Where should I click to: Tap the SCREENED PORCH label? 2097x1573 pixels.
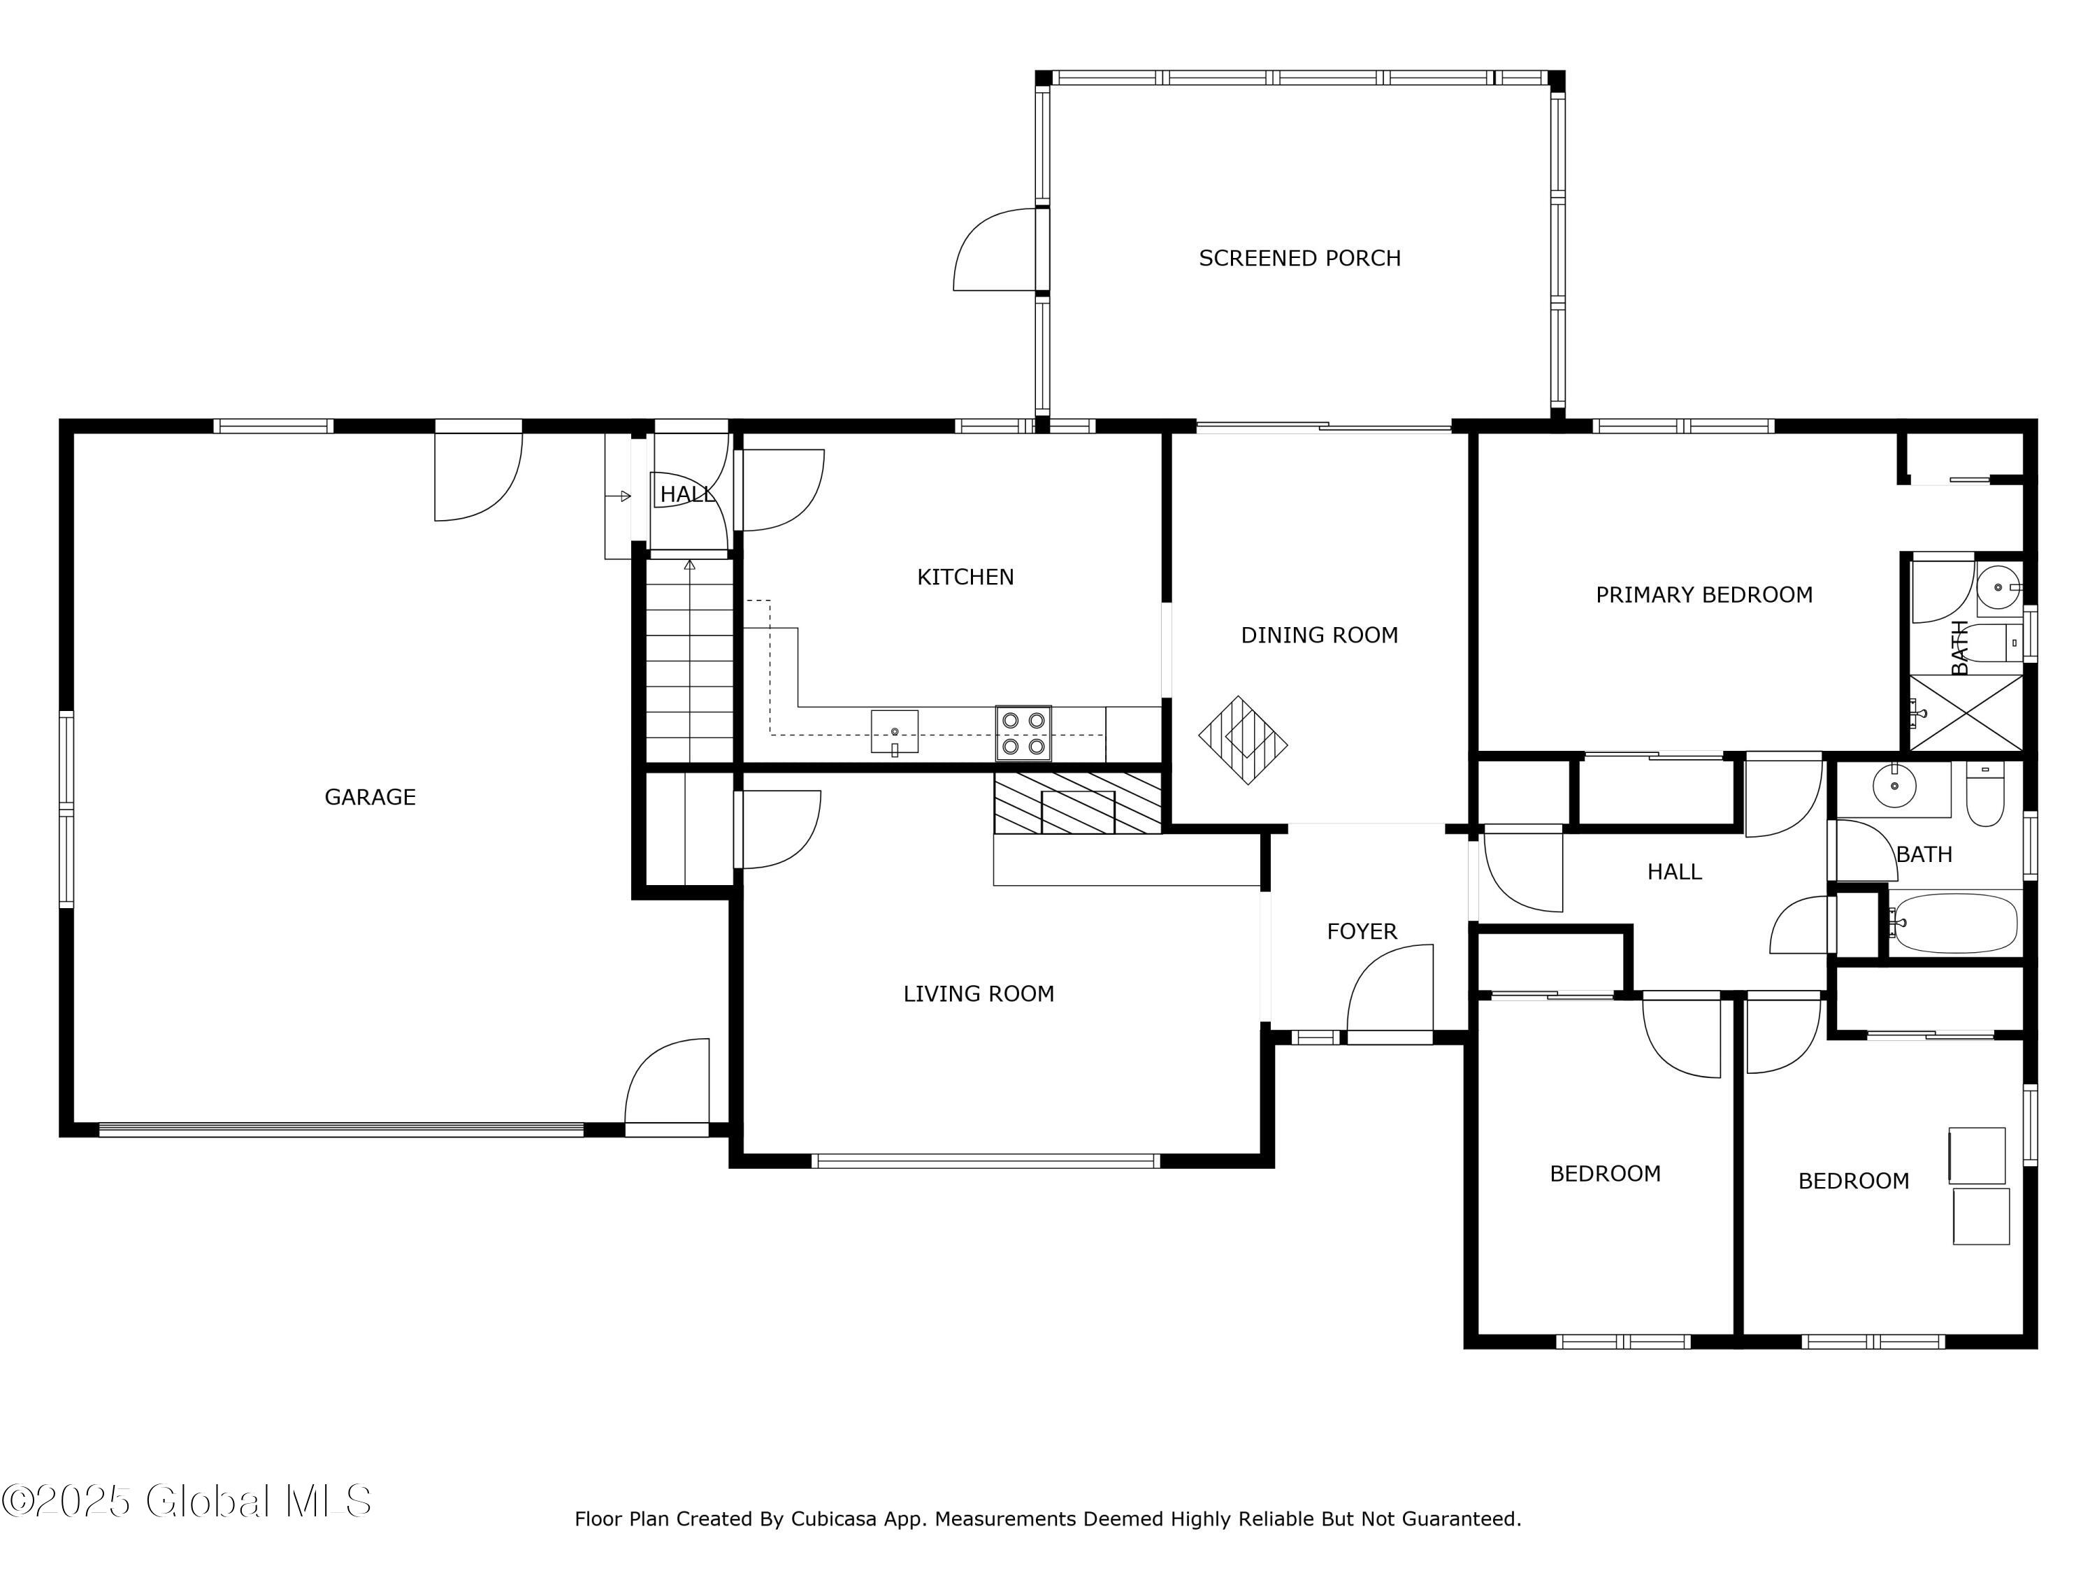tap(1299, 258)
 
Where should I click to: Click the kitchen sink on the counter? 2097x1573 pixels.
tap(894, 732)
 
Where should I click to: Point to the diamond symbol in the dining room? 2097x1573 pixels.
tap(1243, 740)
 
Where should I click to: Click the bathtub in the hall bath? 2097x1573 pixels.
tap(1956, 923)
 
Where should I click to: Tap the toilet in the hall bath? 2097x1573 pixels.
tap(1984, 796)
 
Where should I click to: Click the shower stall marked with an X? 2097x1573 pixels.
tap(1965, 712)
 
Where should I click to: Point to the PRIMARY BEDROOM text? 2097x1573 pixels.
tap(1703, 594)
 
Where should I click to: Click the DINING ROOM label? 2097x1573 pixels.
tap(1319, 635)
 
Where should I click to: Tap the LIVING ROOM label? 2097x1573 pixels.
tap(979, 993)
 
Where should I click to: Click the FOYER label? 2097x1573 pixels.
tap(1362, 931)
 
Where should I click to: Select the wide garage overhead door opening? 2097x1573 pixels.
tap(341, 1129)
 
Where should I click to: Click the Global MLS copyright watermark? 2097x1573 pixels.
tap(187, 1501)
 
